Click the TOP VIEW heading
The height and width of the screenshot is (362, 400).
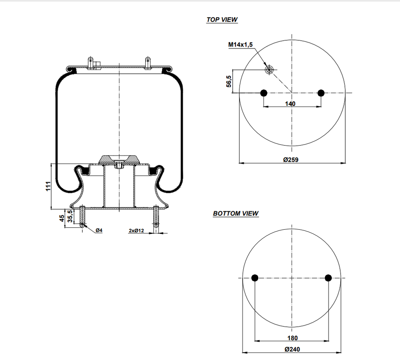[x=222, y=20]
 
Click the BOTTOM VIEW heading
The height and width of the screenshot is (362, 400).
[x=236, y=214]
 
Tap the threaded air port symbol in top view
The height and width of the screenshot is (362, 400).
[x=269, y=70]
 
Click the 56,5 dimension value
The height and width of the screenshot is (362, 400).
[x=229, y=82]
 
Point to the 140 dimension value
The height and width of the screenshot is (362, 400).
[x=290, y=103]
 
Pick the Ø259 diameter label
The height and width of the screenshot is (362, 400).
[x=291, y=159]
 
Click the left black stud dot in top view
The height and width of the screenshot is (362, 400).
[x=264, y=93]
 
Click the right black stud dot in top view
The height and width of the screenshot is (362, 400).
[x=321, y=93]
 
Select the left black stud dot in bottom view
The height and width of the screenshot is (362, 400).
[x=255, y=278]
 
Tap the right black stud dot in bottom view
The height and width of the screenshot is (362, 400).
[x=328, y=278]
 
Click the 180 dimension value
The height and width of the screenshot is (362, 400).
[x=292, y=338]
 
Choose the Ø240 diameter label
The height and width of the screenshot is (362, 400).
[x=292, y=350]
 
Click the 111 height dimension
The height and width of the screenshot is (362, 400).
[x=48, y=186]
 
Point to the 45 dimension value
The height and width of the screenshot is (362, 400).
[x=61, y=218]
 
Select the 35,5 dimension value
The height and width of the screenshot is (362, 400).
[x=70, y=216]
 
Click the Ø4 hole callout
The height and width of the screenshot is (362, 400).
[x=99, y=231]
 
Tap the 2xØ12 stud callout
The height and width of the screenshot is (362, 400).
[x=136, y=231]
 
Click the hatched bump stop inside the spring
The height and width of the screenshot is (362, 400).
[x=119, y=159]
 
